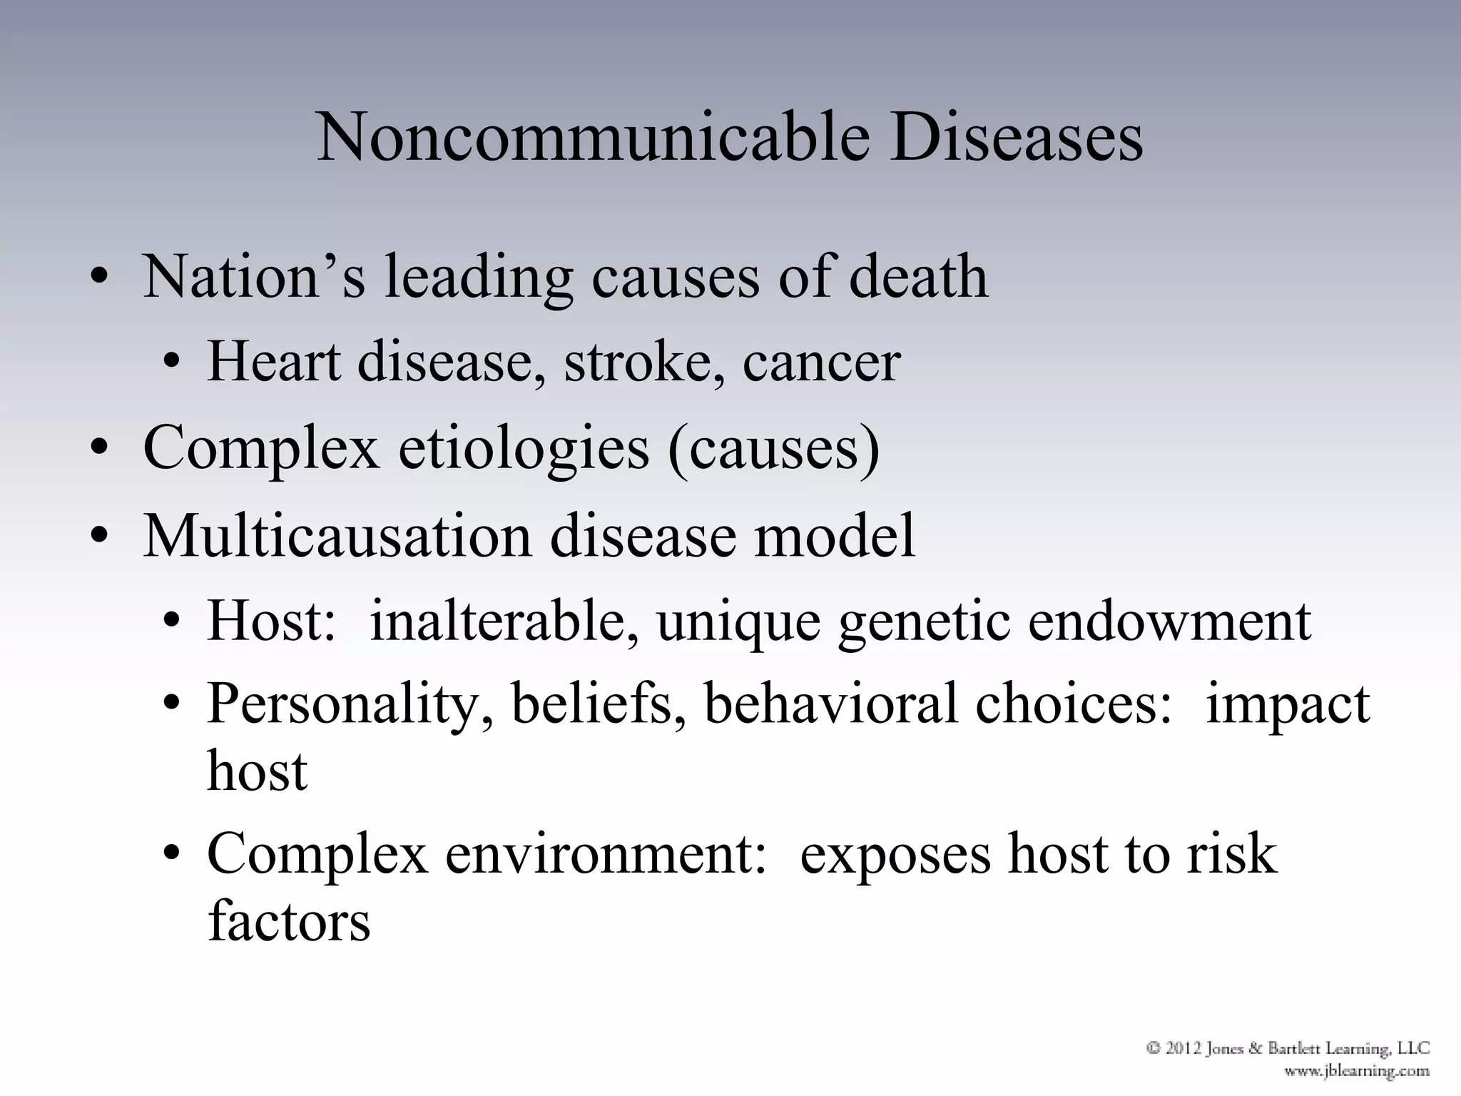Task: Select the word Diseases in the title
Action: [1017, 137]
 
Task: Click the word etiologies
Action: [524, 448]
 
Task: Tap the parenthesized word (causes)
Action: [774, 448]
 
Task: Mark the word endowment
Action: [1169, 621]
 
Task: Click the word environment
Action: [606, 854]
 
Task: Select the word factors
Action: [289, 920]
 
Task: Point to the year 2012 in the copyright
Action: [1184, 1048]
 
